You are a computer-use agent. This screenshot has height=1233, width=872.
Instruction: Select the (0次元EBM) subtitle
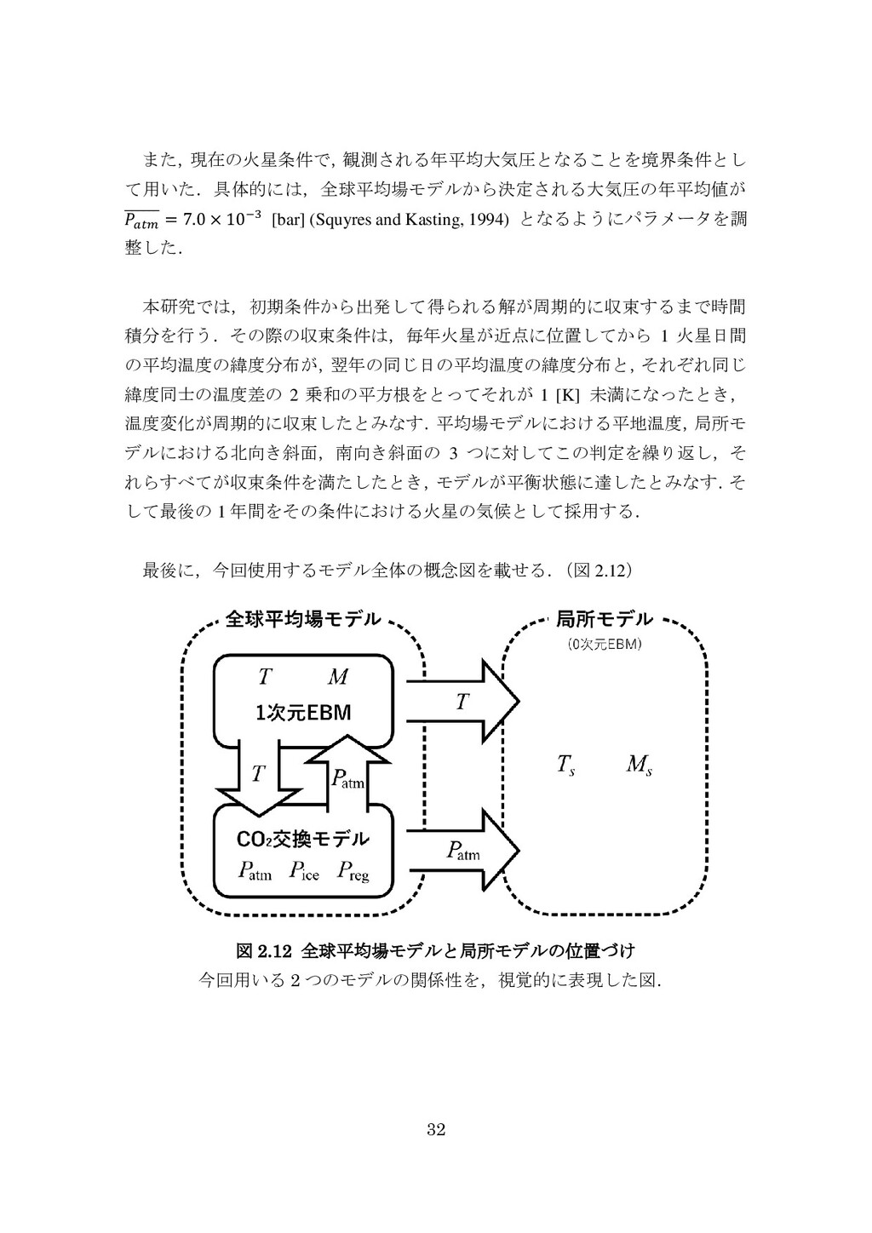click(605, 644)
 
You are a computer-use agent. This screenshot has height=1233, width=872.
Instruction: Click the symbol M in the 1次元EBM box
click(337, 678)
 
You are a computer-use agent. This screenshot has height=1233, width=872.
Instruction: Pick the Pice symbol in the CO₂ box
click(304, 871)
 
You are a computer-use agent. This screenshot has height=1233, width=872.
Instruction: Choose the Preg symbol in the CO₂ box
click(353, 871)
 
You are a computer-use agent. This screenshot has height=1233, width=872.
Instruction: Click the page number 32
click(436, 1130)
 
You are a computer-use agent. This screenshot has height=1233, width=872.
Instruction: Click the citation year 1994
click(490, 221)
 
